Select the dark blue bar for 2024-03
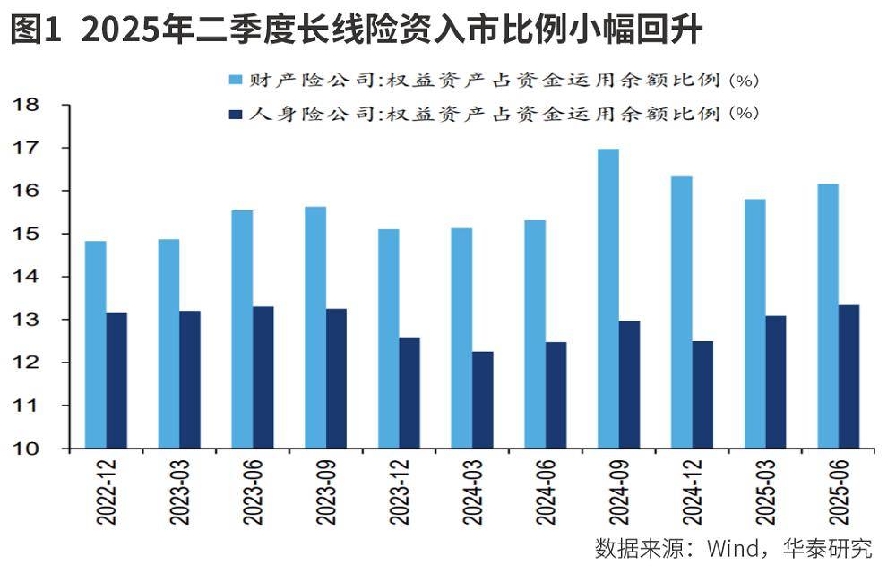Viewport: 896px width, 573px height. click(482, 399)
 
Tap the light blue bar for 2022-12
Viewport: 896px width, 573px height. click(95, 345)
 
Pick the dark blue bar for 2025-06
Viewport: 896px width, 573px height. click(848, 376)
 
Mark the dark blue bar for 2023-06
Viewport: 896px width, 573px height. click(263, 377)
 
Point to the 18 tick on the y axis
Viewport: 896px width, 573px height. click(27, 105)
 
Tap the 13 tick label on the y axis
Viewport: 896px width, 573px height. click(27, 320)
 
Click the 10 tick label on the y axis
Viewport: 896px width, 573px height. click(27, 449)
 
